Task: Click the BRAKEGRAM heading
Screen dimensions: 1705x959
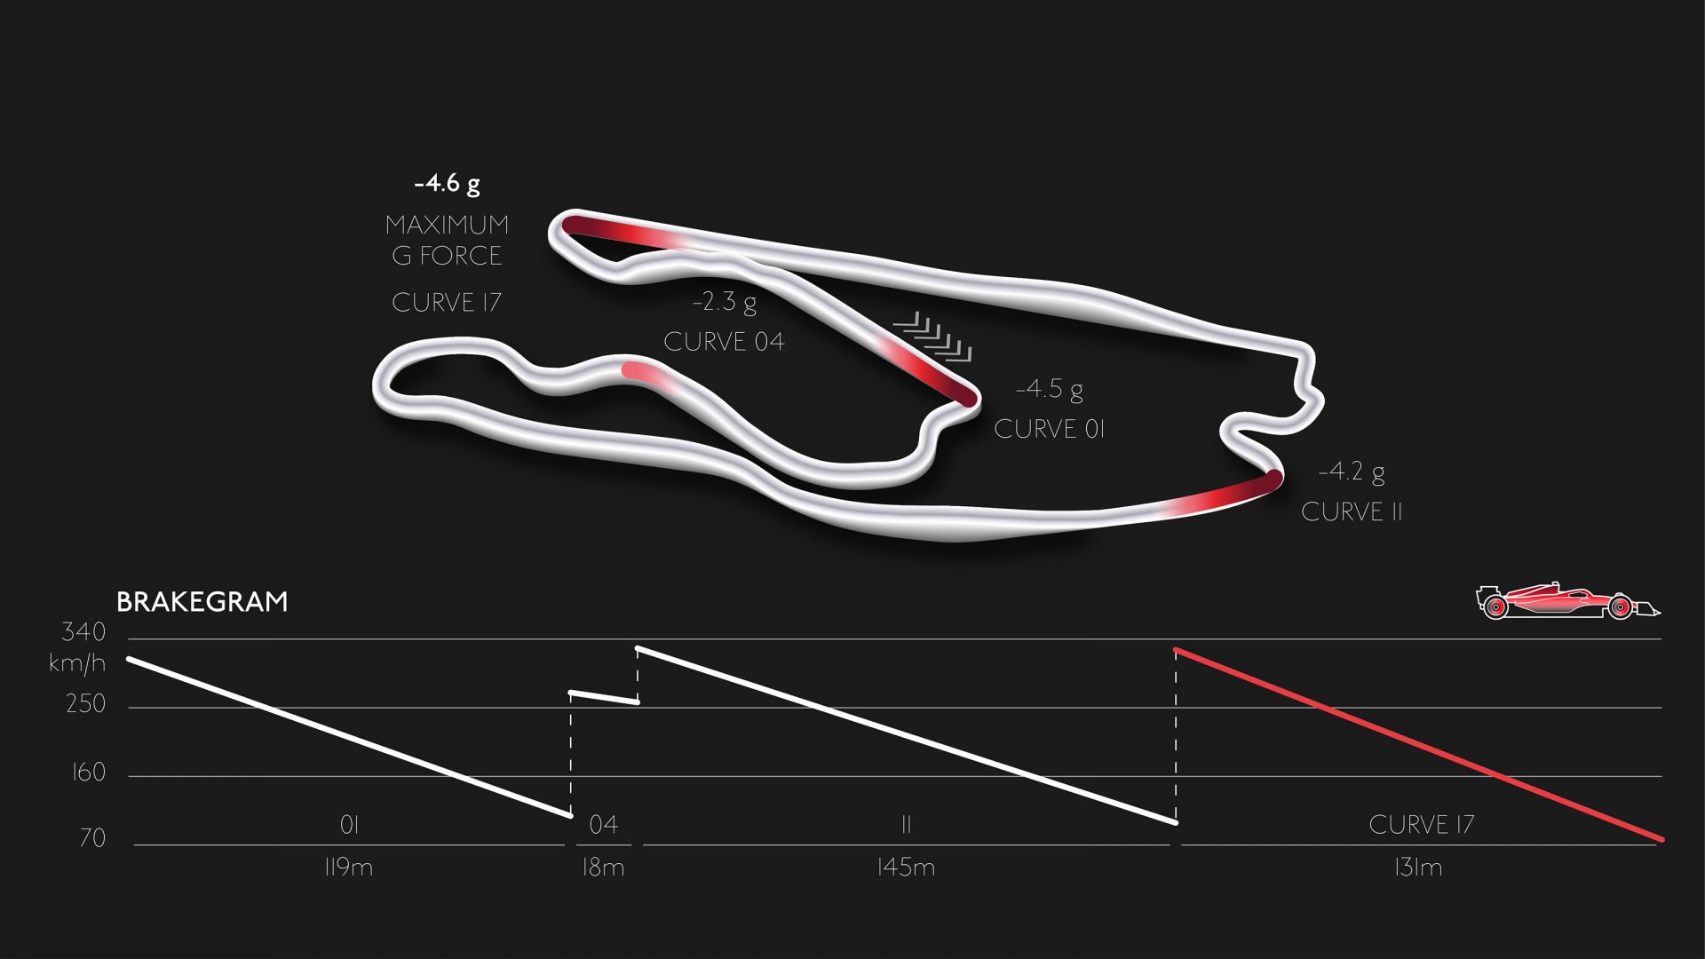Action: (202, 602)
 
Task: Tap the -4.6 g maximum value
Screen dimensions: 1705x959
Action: (448, 184)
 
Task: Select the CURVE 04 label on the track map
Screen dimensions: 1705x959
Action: (724, 342)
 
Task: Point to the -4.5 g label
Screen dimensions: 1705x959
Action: (1050, 389)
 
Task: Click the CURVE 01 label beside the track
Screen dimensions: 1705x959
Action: (1049, 429)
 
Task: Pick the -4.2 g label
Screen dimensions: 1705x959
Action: (1352, 472)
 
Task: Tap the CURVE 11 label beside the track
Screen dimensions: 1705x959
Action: (1352, 511)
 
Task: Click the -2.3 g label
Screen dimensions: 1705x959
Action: (725, 302)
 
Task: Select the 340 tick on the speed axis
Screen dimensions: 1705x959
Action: (83, 632)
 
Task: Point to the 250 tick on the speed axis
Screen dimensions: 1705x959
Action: (86, 704)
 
